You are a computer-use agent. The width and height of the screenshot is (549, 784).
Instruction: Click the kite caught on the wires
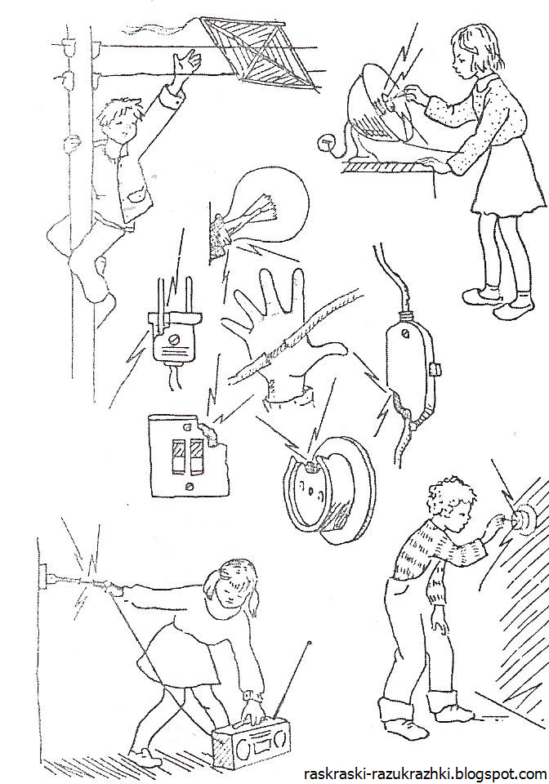(x=261, y=55)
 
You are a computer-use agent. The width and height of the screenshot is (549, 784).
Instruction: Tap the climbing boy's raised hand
(x=186, y=63)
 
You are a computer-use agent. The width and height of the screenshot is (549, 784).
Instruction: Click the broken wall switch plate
(x=189, y=455)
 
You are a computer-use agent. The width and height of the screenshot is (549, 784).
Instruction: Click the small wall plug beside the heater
(x=325, y=143)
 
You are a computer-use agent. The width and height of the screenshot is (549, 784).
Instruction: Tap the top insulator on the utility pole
(x=67, y=47)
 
